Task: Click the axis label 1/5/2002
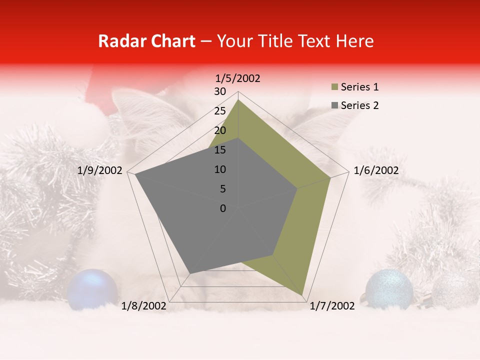(x=238, y=78)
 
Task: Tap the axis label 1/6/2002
(x=376, y=170)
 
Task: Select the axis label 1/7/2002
(x=332, y=306)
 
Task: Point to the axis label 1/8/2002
(x=144, y=306)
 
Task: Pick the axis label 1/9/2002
(x=100, y=170)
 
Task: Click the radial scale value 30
(x=220, y=91)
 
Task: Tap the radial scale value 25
(x=220, y=111)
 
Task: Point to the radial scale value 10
(x=220, y=169)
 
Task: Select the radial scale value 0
(x=223, y=208)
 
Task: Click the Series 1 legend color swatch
(x=334, y=87)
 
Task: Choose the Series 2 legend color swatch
(x=334, y=105)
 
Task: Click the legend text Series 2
(x=359, y=105)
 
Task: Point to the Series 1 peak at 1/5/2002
(x=238, y=99)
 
